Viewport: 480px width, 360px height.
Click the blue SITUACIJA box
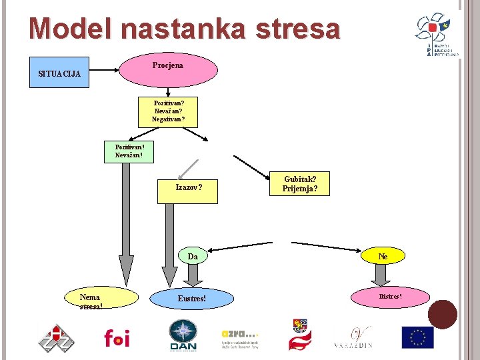click(x=59, y=73)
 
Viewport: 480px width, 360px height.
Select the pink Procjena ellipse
click(x=168, y=70)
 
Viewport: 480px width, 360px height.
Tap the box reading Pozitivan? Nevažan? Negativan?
click(x=168, y=111)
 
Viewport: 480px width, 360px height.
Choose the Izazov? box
click(x=189, y=187)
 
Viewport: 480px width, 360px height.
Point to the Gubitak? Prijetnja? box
click(x=300, y=184)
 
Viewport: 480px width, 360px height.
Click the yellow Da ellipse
click(x=193, y=256)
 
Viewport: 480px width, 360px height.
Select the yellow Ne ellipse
click(x=383, y=255)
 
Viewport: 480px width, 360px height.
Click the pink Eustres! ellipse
click(x=192, y=299)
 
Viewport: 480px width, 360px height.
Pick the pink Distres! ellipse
click(x=391, y=295)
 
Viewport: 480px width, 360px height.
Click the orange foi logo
click(x=117, y=337)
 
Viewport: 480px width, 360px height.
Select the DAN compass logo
click(x=183, y=335)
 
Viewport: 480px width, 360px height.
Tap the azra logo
click(x=239, y=338)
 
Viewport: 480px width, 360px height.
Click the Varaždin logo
click(x=353, y=337)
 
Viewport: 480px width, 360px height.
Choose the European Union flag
click(x=417, y=337)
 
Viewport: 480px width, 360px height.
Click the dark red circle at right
click(x=443, y=315)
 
